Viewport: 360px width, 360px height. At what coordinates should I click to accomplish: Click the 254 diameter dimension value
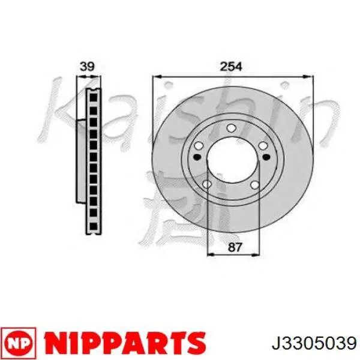(x=231, y=67)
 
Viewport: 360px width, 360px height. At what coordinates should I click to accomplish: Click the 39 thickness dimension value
(x=87, y=67)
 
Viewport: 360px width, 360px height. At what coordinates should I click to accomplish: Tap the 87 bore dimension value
(x=235, y=247)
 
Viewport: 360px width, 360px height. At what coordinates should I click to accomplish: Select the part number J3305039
(x=314, y=343)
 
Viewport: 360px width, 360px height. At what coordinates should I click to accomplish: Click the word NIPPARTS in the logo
(x=125, y=343)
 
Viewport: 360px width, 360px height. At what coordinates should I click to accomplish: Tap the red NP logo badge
(x=19, y=343)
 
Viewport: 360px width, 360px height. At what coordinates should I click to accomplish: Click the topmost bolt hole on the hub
(x=231, y=128)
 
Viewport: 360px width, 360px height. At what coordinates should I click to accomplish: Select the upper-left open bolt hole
(x=199, y=146)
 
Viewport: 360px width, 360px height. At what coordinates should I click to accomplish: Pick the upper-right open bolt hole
(x=263, y=146)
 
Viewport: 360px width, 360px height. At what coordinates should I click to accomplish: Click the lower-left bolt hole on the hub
(x=207, y=184)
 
